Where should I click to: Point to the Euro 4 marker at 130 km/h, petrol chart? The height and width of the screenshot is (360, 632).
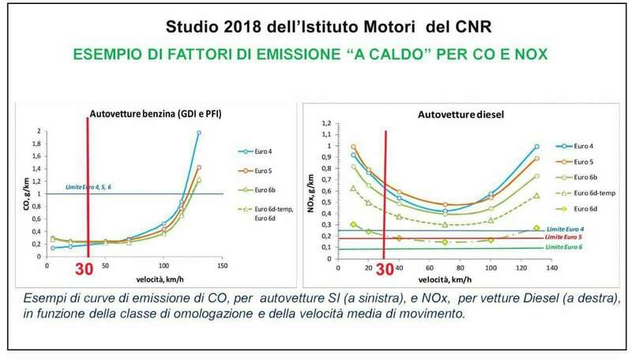[x=199, y=133]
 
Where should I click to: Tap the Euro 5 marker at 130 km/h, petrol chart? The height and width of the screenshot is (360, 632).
[x=199, y=167]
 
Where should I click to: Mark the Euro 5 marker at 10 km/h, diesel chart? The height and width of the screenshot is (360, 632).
[x=353, y=147]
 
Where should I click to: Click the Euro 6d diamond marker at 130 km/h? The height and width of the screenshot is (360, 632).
[x=536, y=228]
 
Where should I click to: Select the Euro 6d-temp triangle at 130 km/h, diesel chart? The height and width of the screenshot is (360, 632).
[x=536, y=196]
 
